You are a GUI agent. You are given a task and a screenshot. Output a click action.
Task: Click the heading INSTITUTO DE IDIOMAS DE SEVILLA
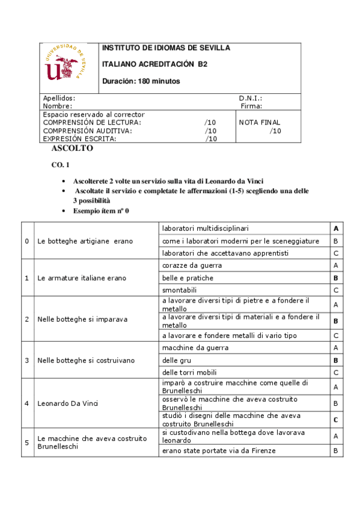click(x=166, y=48)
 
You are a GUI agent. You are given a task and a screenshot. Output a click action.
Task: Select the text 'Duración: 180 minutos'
click(x=141, y=81)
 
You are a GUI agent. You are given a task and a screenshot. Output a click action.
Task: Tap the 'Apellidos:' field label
click(x=59, y=98)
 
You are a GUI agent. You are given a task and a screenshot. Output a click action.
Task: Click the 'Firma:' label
click(x=251, y=106)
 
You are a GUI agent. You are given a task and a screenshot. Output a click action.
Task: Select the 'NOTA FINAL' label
click(x=260, y=122)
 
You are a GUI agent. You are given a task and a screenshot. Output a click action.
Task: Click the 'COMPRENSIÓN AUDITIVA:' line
click(x=88, y=131)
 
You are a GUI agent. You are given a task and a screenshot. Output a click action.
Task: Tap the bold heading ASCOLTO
click(x=72, y=148)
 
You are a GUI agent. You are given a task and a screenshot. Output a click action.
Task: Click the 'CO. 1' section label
click(x=61, y=165)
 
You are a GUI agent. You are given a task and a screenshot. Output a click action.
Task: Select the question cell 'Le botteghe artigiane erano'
click(x=85, y=241)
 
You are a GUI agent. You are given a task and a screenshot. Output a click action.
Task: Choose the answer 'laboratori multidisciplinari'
click(x=206, y=229)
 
